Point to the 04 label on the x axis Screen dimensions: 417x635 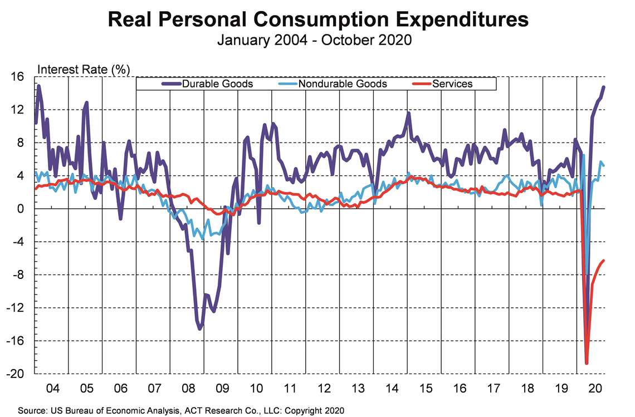tap(52, 386)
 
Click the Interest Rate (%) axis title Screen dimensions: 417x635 tap(83, 70)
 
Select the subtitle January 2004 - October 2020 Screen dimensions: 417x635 tap(314, 41)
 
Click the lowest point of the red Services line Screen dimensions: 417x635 tap(587, 363)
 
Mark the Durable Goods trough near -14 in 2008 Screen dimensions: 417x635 tap(200, 328)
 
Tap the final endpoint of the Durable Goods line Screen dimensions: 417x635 tap(604, 87)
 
